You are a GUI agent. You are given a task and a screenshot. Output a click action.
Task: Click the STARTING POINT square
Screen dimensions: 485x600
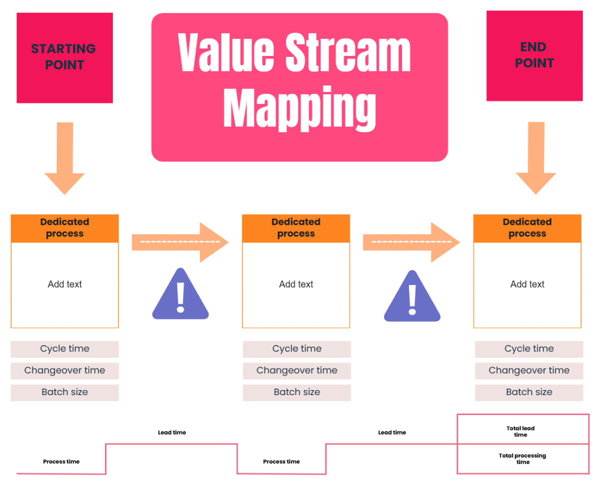coord(64,57)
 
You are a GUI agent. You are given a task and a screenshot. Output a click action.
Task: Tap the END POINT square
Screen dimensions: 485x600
coord(534,55)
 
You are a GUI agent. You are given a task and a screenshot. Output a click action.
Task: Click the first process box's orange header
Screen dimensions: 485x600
coord(64,228)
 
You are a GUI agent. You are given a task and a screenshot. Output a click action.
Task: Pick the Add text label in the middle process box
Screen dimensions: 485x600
coord(296,284)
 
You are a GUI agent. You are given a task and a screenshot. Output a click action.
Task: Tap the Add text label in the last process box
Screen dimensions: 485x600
coord(527,284)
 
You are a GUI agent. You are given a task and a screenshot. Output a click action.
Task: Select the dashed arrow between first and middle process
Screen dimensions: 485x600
coord(180,242)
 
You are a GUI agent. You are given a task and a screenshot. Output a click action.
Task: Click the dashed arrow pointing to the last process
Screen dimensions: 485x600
coord(411,242)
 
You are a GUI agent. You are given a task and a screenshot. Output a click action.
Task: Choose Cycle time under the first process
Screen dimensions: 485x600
coord(64,349)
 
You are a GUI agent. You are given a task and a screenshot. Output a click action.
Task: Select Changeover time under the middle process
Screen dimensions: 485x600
coord(296,371)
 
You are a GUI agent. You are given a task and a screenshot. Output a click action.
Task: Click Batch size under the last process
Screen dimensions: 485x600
coord(529,392)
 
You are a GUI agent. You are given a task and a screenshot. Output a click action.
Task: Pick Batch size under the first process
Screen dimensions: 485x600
coord(64,392)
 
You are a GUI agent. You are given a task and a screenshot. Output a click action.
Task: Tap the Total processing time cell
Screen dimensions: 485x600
coord(522,459)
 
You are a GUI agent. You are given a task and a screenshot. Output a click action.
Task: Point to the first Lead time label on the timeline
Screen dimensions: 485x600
coord(172,433)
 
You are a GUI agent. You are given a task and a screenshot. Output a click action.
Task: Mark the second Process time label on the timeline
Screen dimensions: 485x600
coord(281,462)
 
